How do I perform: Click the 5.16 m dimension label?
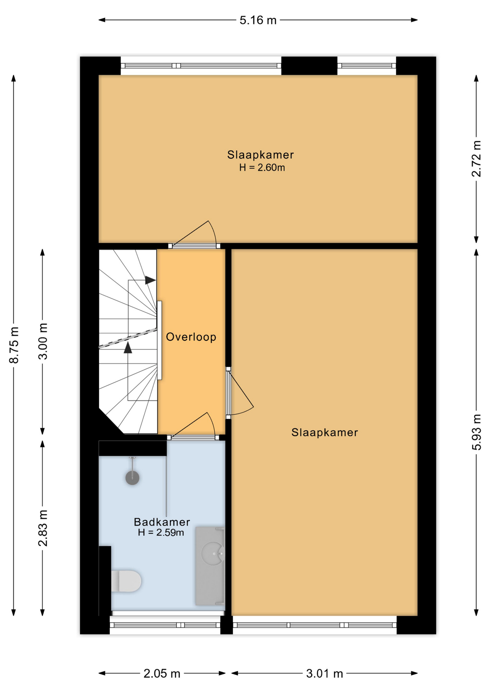(x=258, y=20)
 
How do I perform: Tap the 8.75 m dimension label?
(x=14, y=344)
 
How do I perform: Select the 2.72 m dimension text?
(x=476, y=159)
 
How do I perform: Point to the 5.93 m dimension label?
(x=476, y=432)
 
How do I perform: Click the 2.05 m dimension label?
(x=162, y=674)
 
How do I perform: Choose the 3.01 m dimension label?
(x=324, y=674)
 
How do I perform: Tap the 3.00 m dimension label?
(x=43, y=341)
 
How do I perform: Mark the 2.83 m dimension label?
(x=43, y=528)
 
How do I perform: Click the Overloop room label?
(x=191, y=337)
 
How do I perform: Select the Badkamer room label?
(x=162, y=522)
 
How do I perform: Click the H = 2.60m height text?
(x=262, y=168)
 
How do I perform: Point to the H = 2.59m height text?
(x=161, y=532)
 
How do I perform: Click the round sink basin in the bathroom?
(x=213, y=553)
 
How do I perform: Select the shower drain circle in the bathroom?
(x=132, y=478)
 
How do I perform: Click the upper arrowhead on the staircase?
(x=150, y=280)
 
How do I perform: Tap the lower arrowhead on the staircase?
(x=128, y=348)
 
